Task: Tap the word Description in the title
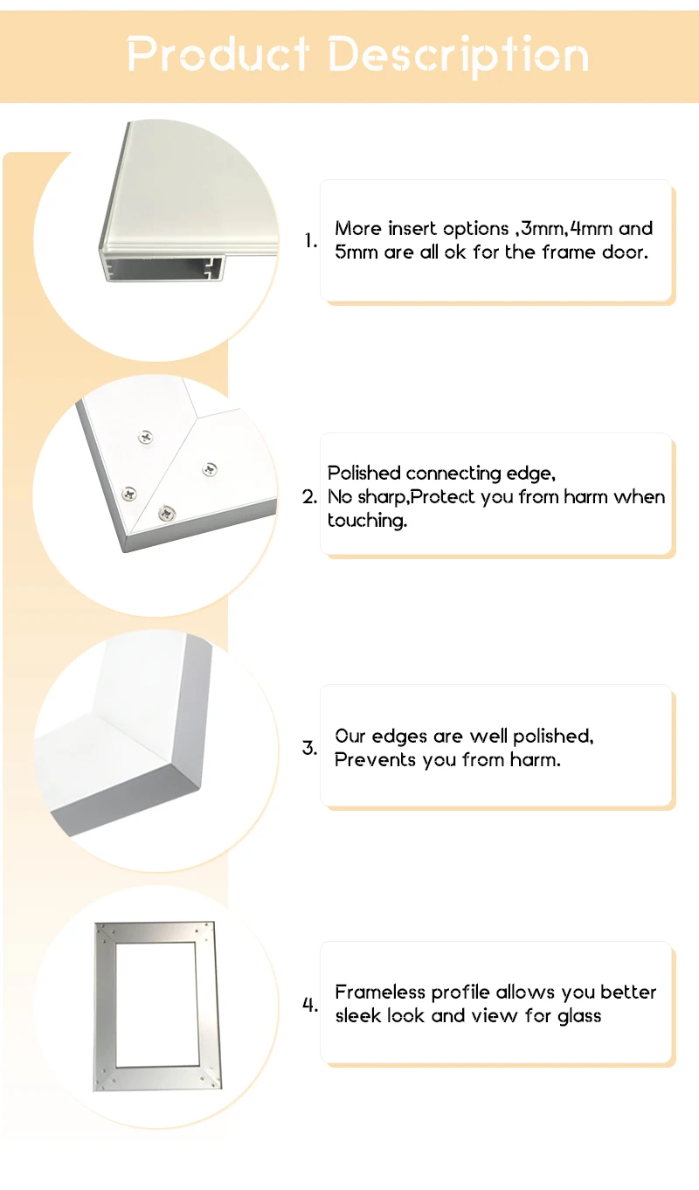[459, 56]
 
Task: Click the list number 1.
[311, 240]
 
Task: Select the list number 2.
[309, 497]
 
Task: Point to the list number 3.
[309, 748]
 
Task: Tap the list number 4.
[309, 1004]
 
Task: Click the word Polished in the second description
[363, 473]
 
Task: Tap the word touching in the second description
[365, 521]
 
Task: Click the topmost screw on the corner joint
[145, 437]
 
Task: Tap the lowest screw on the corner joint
[167, 513]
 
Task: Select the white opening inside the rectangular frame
[156, 1005]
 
